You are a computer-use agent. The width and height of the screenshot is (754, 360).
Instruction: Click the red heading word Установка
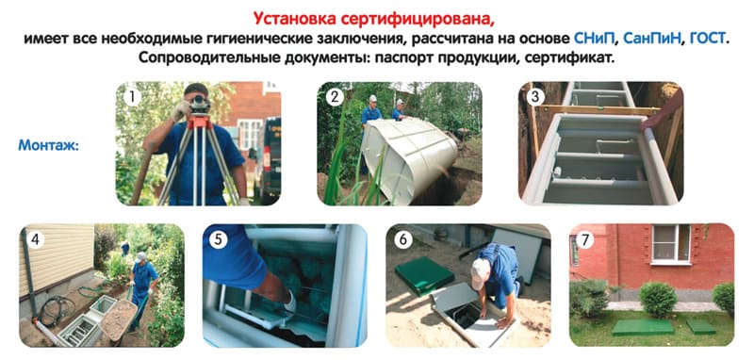pos(294,19)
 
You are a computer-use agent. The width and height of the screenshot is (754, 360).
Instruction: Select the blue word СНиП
pos(595,38)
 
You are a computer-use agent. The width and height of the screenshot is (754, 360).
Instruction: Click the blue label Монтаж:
pos(49,145)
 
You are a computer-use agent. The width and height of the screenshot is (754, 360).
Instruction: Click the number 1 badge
pos(132,98)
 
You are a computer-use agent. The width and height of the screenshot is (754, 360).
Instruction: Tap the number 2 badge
pos(335,98)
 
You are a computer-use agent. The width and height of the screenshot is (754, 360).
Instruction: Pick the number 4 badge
pos(36,239)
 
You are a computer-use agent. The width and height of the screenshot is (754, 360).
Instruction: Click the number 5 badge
pos(219,239)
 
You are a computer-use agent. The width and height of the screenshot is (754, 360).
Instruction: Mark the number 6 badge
pos(402,239)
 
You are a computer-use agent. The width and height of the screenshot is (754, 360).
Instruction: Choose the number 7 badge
pos(585,239)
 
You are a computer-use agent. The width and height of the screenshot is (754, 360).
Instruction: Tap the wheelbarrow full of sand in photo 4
pos(119,320)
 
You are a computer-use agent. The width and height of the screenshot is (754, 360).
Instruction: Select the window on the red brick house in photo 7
pos(671,244)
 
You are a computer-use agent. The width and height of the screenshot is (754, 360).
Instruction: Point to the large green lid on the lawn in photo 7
pos(643,327)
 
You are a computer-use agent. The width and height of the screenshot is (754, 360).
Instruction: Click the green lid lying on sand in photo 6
pos(425,276)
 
